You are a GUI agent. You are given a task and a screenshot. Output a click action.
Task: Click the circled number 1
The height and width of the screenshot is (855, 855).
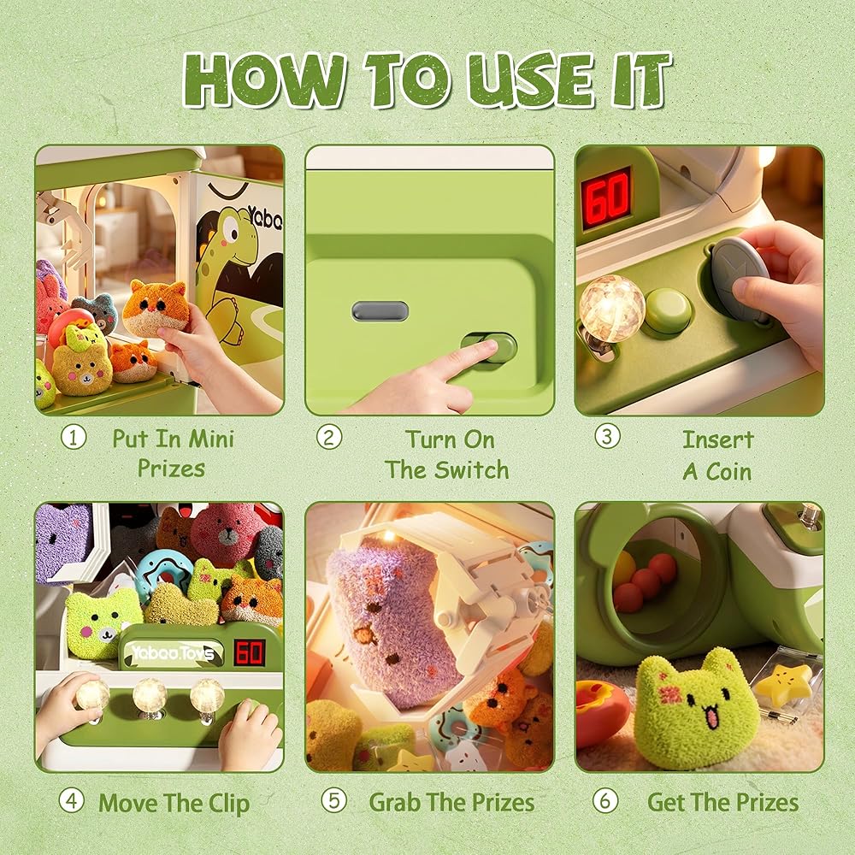(73, 437)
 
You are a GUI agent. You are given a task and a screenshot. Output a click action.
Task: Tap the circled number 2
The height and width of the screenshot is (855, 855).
(329, 437)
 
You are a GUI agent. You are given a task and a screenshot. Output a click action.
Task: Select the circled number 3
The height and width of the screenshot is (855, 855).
(607, 436)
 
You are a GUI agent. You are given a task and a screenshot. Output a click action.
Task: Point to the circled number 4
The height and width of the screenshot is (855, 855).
(72, 801)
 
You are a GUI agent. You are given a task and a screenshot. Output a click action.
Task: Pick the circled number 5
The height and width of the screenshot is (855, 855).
(333, 800)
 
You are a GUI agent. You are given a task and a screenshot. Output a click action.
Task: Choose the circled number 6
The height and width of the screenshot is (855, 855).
(605, 800)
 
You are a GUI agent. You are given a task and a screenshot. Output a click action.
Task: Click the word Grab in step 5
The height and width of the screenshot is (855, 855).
(395, 802)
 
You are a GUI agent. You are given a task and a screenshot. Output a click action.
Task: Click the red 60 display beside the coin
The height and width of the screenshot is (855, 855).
(606, 198)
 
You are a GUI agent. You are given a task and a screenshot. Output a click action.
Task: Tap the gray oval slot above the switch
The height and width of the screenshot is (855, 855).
(380, 311)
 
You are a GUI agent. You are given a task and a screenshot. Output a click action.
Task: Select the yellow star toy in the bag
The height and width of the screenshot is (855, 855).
(785, 681)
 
